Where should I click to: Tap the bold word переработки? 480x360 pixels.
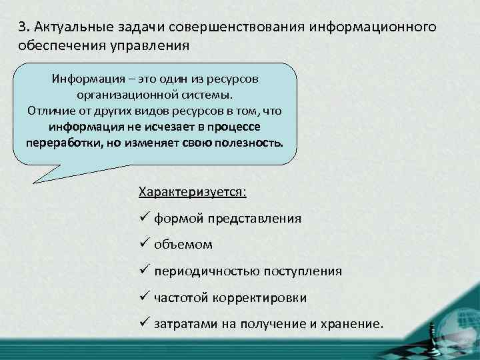[61, 143]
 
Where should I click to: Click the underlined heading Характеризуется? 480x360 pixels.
[192, 192]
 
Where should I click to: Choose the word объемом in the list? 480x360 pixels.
[183, 245]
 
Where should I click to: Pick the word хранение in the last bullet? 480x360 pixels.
[351, 324]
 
